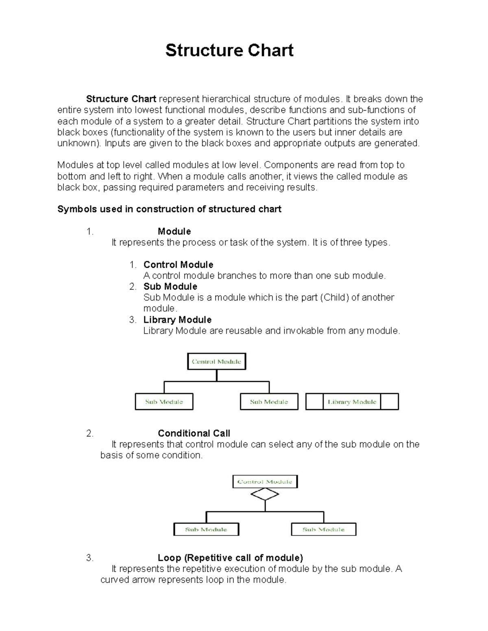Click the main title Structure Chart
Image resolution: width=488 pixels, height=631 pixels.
(x=229, y=50)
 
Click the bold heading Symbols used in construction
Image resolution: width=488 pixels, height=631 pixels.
(x=169, y=209)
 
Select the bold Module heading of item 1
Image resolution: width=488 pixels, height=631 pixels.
(x=174, y=232)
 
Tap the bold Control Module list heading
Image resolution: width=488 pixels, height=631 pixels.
(x=178, y=265)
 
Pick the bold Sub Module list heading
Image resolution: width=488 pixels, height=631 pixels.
(x=170, y=287)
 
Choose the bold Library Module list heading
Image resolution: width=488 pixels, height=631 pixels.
(x=177, y=320)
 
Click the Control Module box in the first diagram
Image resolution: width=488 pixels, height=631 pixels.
(x=216, y=362)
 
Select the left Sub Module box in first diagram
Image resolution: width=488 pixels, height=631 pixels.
(x=164, y=402)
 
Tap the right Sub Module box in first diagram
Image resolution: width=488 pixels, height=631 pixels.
(x=269, y=402)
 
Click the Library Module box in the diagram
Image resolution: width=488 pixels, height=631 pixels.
(x=352, y=402)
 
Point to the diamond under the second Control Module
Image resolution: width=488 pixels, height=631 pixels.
(x=265, y=494)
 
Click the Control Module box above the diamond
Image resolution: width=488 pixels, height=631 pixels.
(x=265, y=482)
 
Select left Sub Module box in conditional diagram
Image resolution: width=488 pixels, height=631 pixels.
(x=206, y=529)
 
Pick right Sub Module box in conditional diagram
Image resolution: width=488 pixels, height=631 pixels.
(x=324, y=529)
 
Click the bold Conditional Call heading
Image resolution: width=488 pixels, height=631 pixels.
(x=194, y=434)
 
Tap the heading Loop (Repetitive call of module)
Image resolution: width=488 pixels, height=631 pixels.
(x=230, y=558)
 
